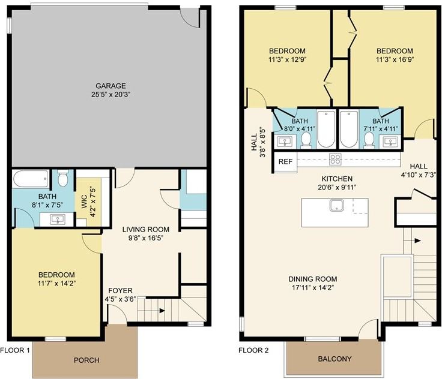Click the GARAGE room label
coord(110,86)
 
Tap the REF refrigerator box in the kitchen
coord(285,162)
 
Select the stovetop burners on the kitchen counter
coord(336,160)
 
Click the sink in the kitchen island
coord(336,206)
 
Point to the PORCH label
coord(86,360)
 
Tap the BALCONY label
coord(335,359)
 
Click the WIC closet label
coord(84,201)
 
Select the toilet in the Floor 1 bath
coord(62,178)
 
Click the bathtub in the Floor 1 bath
coord(31,179)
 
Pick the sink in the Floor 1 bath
coord(58,219)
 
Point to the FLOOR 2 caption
coord(253,350)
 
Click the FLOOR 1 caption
coord(14,350)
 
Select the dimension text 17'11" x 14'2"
coord(313,287)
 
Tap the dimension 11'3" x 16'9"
coord(395,59)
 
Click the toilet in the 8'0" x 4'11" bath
coord(306,140)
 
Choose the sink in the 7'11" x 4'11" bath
coord(390,140)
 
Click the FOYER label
coord(120,291)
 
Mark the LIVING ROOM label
coord(146,230)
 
